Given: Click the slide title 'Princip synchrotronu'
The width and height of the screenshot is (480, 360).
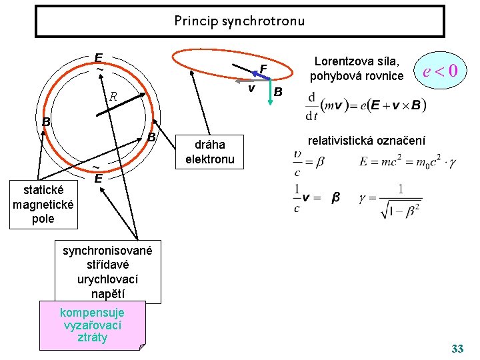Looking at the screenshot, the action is tap(239, 21).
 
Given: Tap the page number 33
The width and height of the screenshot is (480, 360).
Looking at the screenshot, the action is tap(457, 349).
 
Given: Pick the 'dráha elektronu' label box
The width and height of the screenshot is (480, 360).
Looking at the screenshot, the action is tap(205, 152).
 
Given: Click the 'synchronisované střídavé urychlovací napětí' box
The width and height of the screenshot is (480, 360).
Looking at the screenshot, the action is tap(107, 272).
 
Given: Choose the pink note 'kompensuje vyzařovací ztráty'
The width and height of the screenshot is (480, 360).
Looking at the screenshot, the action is tap(92, 325).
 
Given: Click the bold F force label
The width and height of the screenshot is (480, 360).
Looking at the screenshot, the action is tap(263, 69).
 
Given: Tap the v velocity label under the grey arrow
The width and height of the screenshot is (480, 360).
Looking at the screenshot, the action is tap(251, 88).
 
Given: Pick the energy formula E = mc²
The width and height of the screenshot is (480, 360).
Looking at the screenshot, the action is tap(405, 161).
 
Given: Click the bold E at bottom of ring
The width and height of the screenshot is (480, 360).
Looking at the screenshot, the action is tap(97, 179).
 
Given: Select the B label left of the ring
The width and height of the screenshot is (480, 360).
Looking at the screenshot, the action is tap(46, 122).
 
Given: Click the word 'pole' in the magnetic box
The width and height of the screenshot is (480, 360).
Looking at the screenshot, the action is tap(43, 219).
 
